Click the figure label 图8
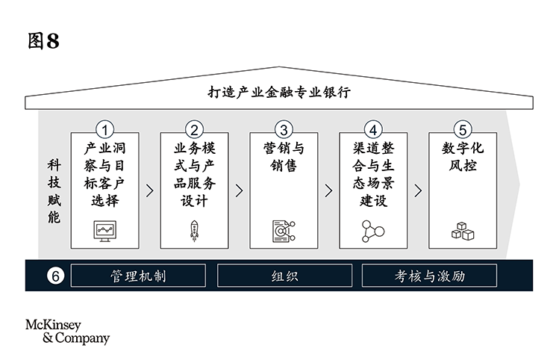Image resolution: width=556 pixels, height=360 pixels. pyautogui.click(x=43, y=42)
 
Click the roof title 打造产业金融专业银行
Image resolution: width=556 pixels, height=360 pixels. pyautogui.click(x=278, y=93)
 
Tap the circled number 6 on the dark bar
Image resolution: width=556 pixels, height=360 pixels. pyautogui.click(x=54, y=276)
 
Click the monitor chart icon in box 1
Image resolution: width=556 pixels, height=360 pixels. pyautogui.click(x=105, y=230)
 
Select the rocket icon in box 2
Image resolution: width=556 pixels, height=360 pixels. pyautogui.click(x=195, y=231)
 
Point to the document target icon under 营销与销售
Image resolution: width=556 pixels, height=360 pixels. pyautogui.click(x=284, y=231)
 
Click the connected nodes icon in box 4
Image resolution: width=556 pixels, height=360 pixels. pyautogui.click(x=372, y=231)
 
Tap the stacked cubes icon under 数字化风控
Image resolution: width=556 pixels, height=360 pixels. pyautogui.click(x=463, y=232)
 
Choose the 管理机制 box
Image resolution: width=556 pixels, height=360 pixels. pyautogui.click(x=139, y=276)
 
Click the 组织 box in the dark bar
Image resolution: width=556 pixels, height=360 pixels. pyautogui.click(x=284, y=276)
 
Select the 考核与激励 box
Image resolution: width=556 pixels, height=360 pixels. pyautogui.click(x=429, y=276)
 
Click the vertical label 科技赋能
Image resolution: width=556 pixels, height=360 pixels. pyautogui.click(x=54, y=191)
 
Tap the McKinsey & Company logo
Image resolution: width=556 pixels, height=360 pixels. pyautogui.click(x=67, y=331)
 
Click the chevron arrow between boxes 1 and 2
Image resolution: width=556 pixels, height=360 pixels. pyautogui.click(x=150, y=190)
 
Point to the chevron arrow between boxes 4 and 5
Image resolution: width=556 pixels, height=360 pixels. pyautogui.click(x=418, y=190)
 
